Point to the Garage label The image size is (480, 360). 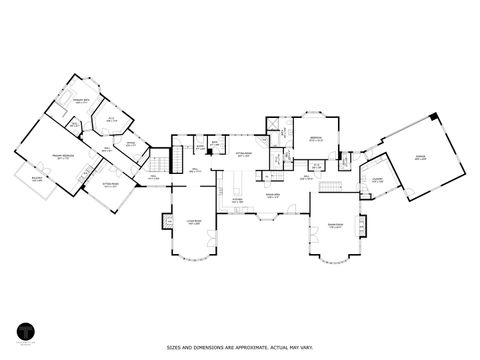coord(420,157)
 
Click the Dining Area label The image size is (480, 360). coord(272,196)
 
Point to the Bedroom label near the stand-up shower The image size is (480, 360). coord(315,138)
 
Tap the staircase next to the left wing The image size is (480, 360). coord(158,162)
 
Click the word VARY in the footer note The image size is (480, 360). coord(313,348)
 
